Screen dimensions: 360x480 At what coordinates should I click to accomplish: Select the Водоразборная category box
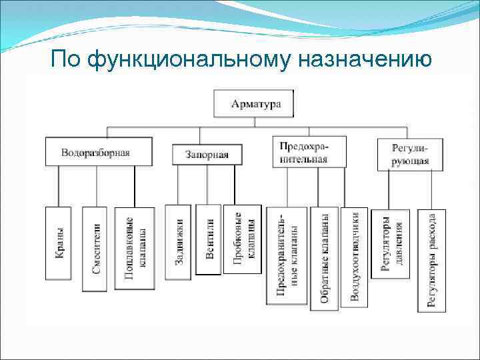pyautogui.click(x=95, y=152)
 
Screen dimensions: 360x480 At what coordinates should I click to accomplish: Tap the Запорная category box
pyautogui.click(x=206, y=155)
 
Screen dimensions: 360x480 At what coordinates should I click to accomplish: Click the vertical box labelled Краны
pyautogui.click(x=59, y=243)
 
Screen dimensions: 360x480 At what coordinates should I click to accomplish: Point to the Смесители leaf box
pyautogui.click(x=95, y=249)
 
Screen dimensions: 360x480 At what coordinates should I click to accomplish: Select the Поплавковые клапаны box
pyautogui.click(x=134, y=248)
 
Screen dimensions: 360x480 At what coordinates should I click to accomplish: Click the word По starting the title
pyautogui.click(x=65, y=61)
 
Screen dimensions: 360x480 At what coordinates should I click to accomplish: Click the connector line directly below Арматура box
pyautogui.click(x=256, y=121)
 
